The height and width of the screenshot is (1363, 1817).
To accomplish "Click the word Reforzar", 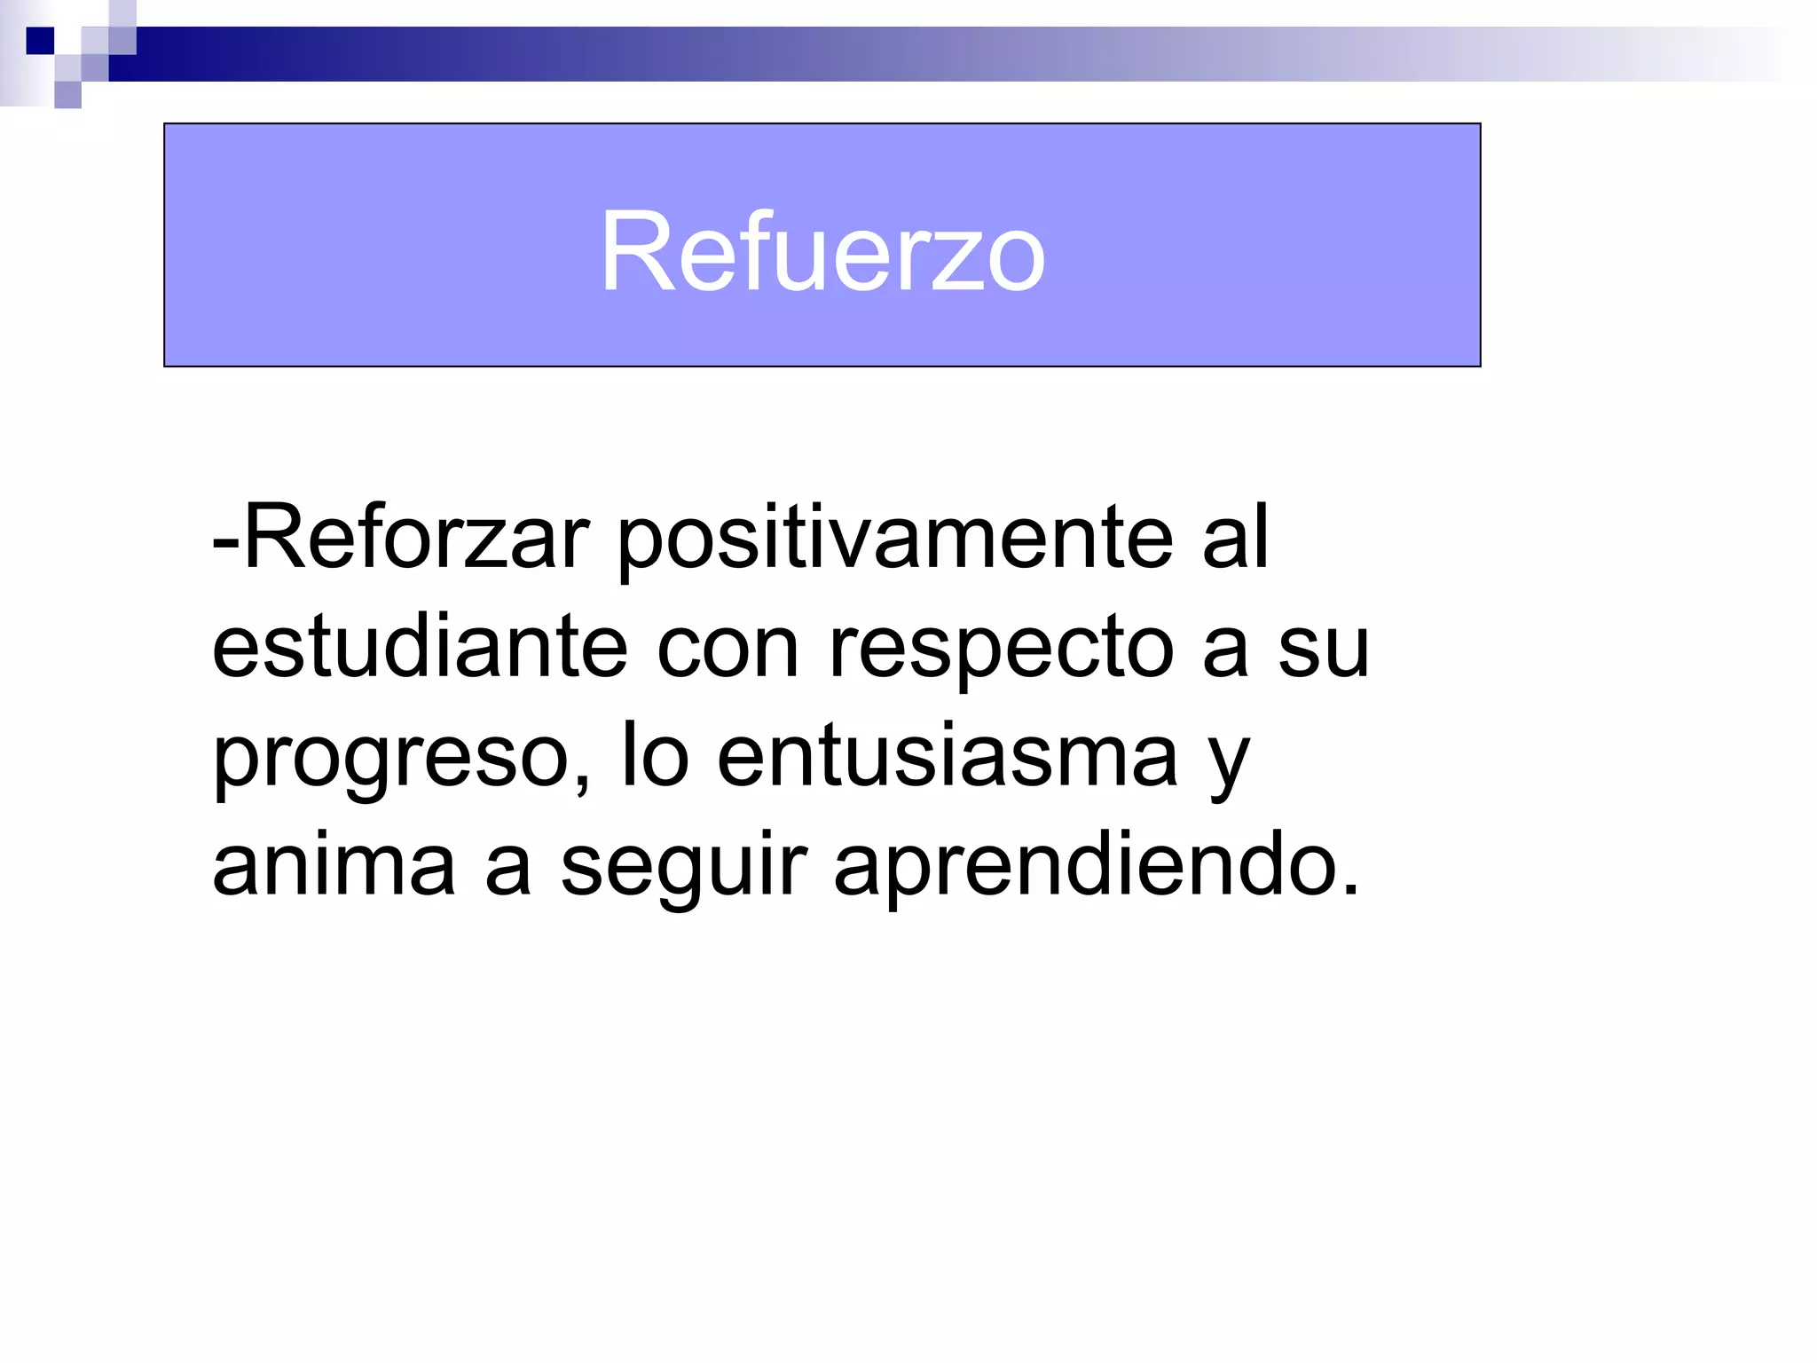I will [415, 538].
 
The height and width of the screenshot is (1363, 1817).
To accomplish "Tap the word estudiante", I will [420, 647].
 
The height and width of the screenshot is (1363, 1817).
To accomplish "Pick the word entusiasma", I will [947, 756].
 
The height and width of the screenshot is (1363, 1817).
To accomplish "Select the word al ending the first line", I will [1236, 538].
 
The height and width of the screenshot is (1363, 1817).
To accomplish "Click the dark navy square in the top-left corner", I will [40, 41].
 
